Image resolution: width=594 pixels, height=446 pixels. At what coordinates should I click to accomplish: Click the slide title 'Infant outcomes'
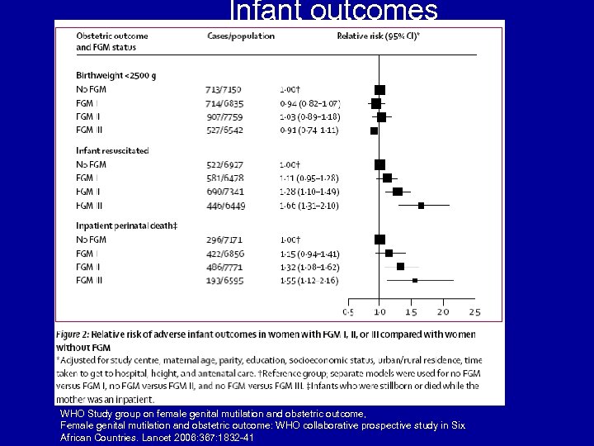point(333,11)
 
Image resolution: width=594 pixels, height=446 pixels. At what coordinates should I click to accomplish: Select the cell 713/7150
point(224,89)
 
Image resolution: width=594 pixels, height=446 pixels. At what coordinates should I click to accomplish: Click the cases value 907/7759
point(224,116)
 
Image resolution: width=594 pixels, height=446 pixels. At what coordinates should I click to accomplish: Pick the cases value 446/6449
point(224,206)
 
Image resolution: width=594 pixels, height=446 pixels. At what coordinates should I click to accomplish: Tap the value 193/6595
point(224,280)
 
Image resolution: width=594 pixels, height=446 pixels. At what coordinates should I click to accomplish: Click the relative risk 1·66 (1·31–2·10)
point(310,206)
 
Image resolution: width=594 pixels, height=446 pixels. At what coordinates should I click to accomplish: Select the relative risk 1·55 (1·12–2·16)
point(310,280)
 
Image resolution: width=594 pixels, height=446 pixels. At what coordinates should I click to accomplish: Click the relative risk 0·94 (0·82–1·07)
point(310,103)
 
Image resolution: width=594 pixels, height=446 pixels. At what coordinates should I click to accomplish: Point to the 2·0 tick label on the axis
point(442,312)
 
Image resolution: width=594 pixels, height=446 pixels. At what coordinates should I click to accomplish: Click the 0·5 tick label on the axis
point(348,312)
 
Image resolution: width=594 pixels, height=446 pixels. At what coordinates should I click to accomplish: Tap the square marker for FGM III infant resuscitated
point(421,206)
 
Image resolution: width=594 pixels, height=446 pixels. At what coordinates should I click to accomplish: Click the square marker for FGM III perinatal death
point(414,280)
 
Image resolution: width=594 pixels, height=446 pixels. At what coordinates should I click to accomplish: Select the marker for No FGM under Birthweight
point(379,89)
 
